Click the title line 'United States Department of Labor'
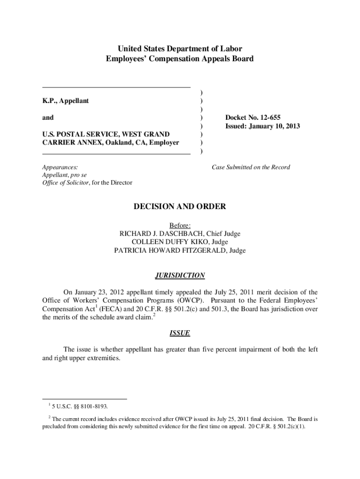click(x=180, y=49)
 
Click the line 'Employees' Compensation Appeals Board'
click(x=180, y=59)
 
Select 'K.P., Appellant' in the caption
click(x=65, y=101)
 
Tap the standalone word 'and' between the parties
click(x=48, y=117)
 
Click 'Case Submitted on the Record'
click(x=251, y=167)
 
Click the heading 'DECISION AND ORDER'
click(x=180, y=206)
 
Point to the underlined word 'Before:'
click(x=180, y=225)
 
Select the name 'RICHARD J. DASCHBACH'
click(x=160, y=234)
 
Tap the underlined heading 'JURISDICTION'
click(x=180, y=276)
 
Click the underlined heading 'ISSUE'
click(x=180, y=334)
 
